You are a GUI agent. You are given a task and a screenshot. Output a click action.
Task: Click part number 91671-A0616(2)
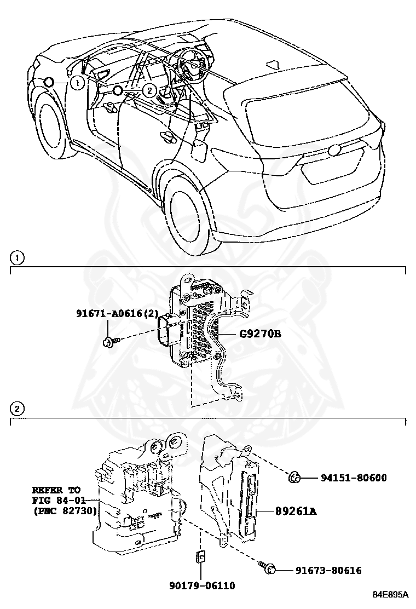[x=117, y=314]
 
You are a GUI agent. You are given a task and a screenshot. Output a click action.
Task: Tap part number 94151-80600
[x=354, y=478]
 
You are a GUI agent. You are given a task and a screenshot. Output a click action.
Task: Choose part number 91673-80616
[x=328, y=571]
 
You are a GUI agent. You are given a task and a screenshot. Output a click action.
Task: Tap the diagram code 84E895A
[x=391, y=595]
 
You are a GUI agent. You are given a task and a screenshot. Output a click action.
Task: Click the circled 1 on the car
[x=78, y=83]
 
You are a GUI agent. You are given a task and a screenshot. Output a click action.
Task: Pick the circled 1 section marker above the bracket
[x=18, y=257]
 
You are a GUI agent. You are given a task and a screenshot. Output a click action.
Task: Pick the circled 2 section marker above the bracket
[x=18, y=409]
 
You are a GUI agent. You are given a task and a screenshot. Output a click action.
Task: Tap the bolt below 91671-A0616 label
[x=107, y=343]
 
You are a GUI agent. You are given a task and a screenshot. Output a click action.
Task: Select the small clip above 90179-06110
[x=200, y=557]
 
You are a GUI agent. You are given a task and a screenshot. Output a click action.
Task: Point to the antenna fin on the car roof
[x=273, y=64]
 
